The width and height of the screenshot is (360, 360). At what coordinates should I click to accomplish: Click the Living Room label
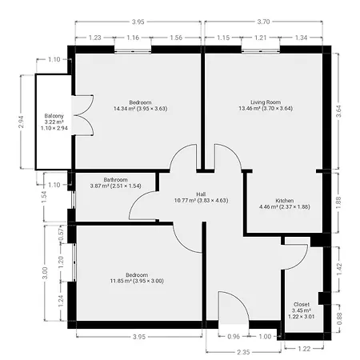point(266,102)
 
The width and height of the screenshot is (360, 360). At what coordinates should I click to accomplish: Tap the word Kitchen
point(285,201)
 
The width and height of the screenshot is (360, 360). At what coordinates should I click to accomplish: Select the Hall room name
point(201,194)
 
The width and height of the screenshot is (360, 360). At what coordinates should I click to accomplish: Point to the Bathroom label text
point(115,180)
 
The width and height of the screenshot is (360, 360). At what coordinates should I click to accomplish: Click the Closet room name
point(302,304)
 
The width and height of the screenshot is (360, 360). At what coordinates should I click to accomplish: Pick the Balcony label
point(54,116)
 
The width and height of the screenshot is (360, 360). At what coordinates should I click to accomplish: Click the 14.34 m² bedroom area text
point(140,109)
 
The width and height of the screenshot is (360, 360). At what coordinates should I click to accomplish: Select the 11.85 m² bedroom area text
point(137,281)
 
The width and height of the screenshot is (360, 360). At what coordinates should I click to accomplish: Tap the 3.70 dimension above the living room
point(263,22)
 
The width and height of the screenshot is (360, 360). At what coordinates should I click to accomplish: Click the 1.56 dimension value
point(176,38)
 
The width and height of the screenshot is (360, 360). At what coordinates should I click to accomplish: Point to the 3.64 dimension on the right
point(338,111)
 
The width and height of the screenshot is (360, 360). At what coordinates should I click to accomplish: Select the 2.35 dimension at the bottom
point(243,352)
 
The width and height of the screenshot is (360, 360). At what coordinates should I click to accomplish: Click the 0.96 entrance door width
point(234,337)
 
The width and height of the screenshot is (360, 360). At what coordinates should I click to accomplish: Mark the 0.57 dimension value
point(62,235)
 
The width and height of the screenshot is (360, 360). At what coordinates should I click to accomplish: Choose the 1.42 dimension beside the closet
point(339,270)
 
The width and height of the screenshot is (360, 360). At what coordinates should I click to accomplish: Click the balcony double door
point(83,115)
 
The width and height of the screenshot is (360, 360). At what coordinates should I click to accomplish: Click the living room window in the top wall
point(261,50)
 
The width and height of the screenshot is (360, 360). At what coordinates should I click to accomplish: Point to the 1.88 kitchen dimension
point(338,202)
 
